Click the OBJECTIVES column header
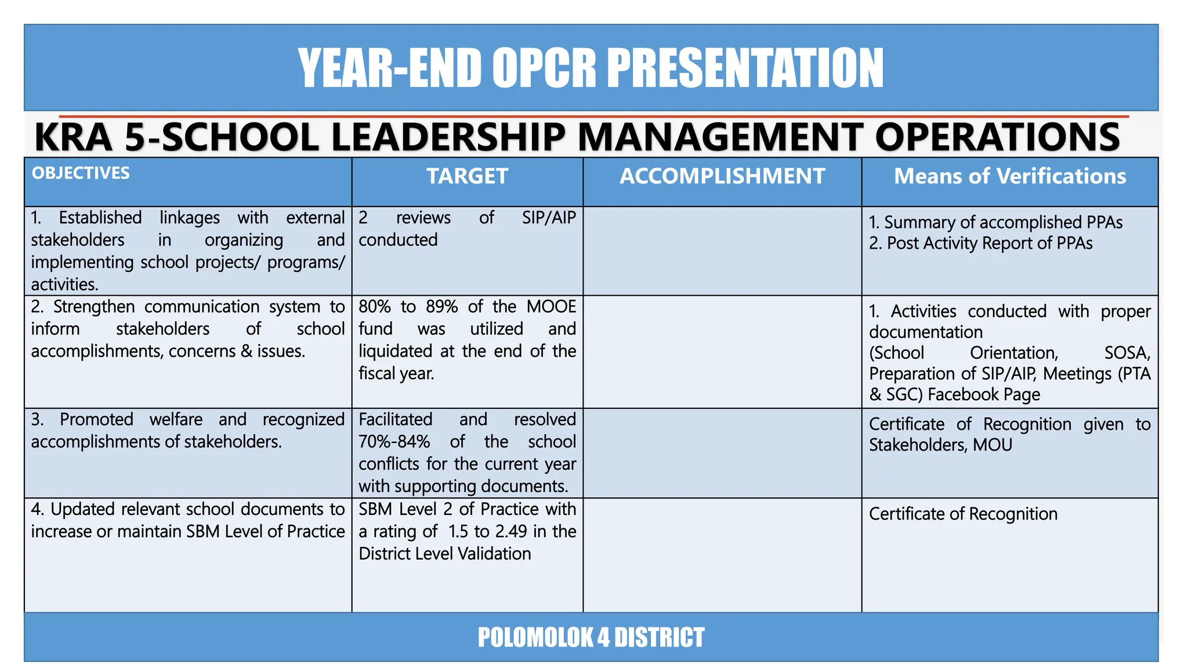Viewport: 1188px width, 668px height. [81, 173]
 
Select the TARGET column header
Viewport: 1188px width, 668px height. [467, 176]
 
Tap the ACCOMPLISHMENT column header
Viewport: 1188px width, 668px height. [722, 176]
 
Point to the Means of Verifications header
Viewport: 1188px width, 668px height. [1009, 176]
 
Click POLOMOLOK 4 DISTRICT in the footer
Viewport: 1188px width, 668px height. [591, 637]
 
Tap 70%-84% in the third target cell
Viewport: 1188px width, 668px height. [394, 442]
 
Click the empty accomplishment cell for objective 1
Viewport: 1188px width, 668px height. [722, 251]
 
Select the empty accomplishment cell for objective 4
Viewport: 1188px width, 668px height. [722, 554]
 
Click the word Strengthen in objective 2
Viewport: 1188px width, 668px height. [94, 307]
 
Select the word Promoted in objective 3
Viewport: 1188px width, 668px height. [96, 419]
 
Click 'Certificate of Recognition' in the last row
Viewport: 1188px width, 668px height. [963, 514]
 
